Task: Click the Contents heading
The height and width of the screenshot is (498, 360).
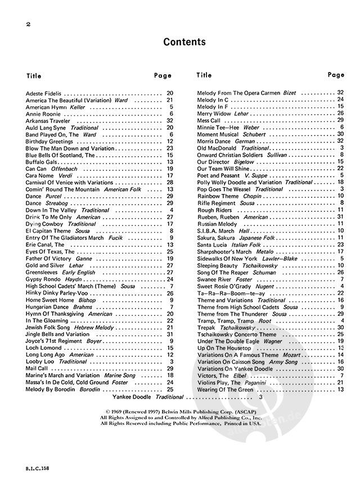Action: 184,42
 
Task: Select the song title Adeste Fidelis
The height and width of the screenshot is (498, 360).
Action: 43,92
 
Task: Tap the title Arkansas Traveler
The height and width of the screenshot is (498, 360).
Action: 48,121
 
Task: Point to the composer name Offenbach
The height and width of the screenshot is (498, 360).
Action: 64,169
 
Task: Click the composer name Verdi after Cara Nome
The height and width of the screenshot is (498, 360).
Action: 62,175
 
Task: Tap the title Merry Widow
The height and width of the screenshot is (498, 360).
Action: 214,114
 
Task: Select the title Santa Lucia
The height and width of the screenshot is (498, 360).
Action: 212,245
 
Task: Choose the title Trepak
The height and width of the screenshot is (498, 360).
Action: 206,327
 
